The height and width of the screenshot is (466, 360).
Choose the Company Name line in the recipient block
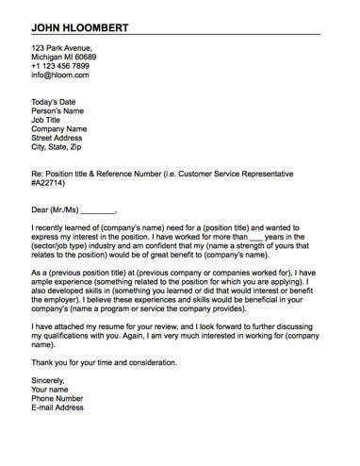[x=58, y=129]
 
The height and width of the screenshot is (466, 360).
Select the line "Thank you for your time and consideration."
[x=117, y=362]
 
